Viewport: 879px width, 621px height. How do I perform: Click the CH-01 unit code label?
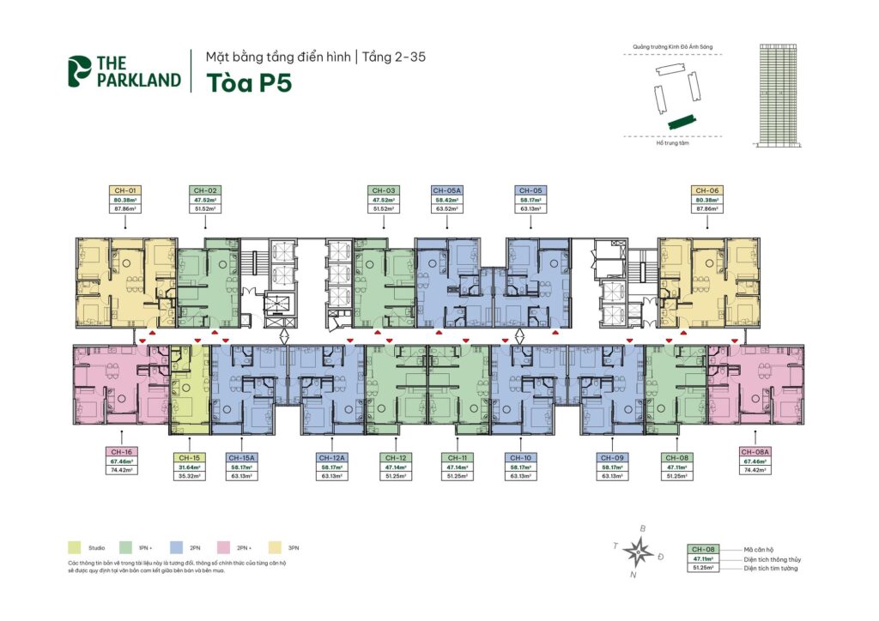(x=125, y=190)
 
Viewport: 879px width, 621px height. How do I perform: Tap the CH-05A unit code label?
(x=447, y=190)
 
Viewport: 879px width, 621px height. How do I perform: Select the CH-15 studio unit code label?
(x=191, y=458)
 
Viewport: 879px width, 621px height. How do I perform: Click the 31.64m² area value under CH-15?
(x=191, y=468)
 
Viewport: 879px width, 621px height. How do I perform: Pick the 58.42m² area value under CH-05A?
(x=447, y=200)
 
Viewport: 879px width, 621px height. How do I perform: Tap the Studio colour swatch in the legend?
(x=76, y=546)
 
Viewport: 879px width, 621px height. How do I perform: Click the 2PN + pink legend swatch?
(x=222, y=546)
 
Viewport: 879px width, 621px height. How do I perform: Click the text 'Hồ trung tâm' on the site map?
(x=673, y=144)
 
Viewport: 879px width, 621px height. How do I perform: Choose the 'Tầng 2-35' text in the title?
(x=396, y=57)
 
